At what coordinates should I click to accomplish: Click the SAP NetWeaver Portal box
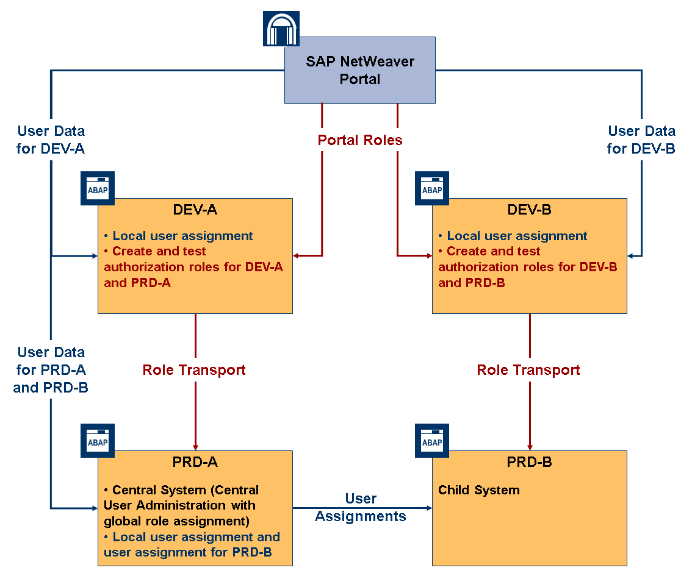[x=360, y=70]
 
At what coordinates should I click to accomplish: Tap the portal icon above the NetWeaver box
[x=281, y=28]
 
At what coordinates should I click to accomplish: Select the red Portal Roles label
[x=360, y=140]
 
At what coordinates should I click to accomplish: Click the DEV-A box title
[x=195, y=210]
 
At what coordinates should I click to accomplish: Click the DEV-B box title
[x=529, y=210]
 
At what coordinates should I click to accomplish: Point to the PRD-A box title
[x=195, y=462]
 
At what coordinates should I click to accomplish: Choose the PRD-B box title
[x=529, y=462]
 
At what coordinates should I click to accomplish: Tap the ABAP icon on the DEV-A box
[x=98, y=188]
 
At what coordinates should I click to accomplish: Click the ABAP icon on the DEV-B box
[x=432, y=188]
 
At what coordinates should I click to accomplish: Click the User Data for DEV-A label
[x=51, y=140]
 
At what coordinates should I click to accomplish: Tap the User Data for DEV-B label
[x=641, y=140]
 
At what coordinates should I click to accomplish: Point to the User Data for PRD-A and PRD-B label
[x=51, y=369]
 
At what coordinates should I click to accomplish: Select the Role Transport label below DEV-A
[x=194, y=370]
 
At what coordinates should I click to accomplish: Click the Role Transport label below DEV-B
[x=528, y=370]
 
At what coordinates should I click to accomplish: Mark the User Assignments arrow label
[x=361, y=507]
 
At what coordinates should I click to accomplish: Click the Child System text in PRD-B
[x=479, y=490]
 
